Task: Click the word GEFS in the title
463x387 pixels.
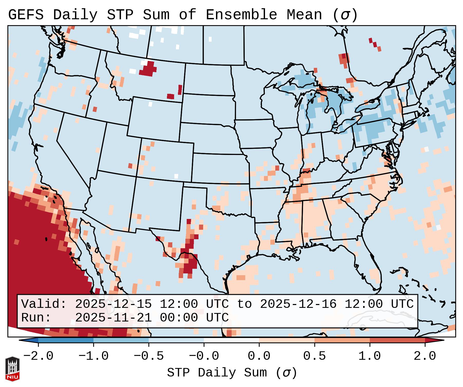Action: click(26, 15)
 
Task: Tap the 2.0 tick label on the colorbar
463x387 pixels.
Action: click(425, 356)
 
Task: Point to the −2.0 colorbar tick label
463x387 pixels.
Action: click(38, 356)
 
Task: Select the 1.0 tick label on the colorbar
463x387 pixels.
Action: click(370, 356)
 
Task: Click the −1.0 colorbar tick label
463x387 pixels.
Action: click(93, 356)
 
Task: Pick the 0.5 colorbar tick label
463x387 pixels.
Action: click(314, 356)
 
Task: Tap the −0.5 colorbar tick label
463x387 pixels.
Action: click(149, 356)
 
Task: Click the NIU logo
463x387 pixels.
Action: click(12, 368)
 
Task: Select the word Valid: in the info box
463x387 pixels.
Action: click(44, 304)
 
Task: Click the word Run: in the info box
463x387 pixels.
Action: click(36, 318)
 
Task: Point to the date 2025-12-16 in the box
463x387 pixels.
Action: click(298, 304)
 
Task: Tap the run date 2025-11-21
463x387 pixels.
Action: click(113, 318)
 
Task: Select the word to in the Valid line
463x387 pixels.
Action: click(244, 304)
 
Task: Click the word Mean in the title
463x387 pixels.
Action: click(304, 15)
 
